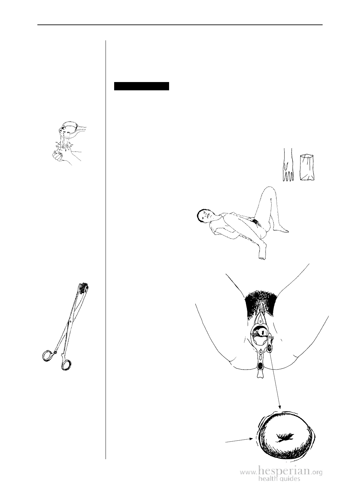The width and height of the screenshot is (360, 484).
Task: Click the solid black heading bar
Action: [x=142, y=86]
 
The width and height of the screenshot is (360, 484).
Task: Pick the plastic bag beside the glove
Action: [x=307, y=167]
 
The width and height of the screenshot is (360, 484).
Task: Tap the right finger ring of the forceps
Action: [x=66, y=365]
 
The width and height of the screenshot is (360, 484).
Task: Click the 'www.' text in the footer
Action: [x=249, y=472]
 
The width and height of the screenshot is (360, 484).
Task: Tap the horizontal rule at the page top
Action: [x=180, y=25]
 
